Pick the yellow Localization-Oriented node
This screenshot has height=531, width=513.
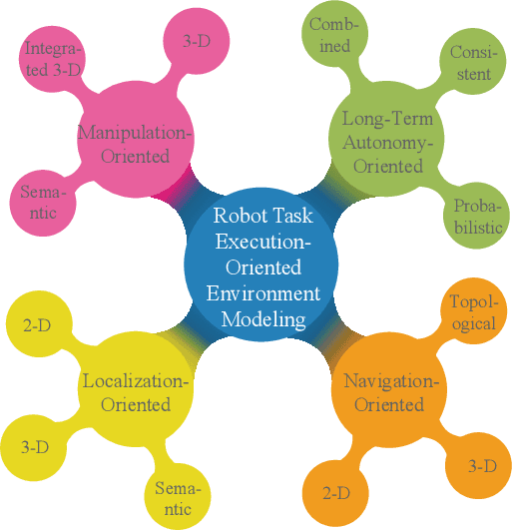[134, 393]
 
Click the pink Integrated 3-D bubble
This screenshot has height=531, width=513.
[54, 59]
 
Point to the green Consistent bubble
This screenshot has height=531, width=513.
[469, 63]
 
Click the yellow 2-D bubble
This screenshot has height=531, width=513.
[37, 323]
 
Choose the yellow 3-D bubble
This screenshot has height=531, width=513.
[34, 446]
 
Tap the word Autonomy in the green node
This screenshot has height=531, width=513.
[389, 143]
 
